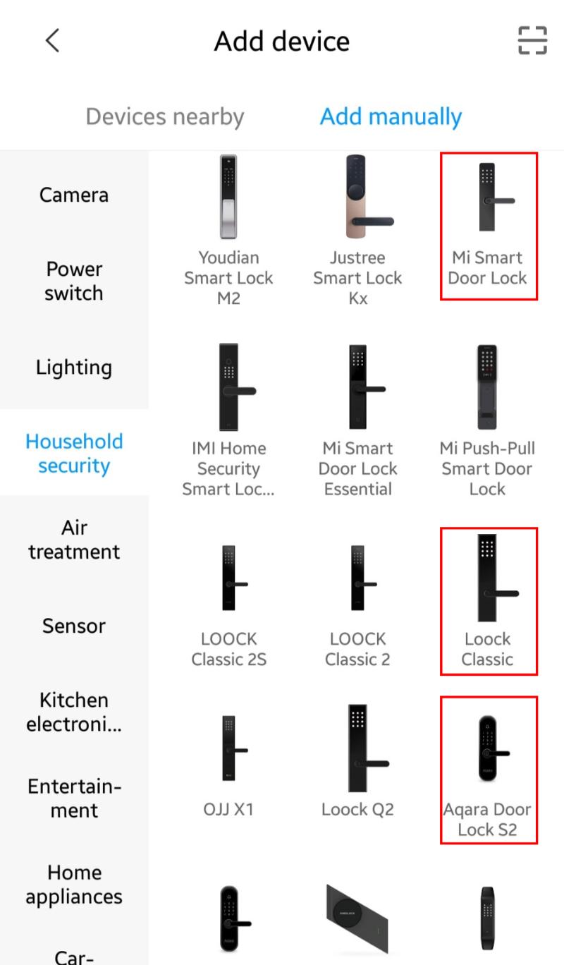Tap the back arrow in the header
(x=52, y=41)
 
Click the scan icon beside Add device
(x=532, y=40)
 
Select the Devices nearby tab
(x=165, y=117)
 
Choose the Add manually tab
(x=391, y=117)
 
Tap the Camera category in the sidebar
(x=74, y=195)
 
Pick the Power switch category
(x=74, y=281)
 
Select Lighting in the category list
(x=74, y=368)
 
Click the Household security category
(x=74, y=454)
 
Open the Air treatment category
(x=74, y=540)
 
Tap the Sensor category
(x=74, y=626)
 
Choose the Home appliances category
(x=74, y=885)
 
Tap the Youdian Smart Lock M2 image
(x=228, y=196)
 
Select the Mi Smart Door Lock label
(x=487, y=268)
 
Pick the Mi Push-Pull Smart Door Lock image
(x=487, y=387)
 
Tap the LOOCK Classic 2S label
(x=229, y=649)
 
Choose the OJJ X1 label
(x=228, y=810)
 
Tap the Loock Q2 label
(x=357, y=810)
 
